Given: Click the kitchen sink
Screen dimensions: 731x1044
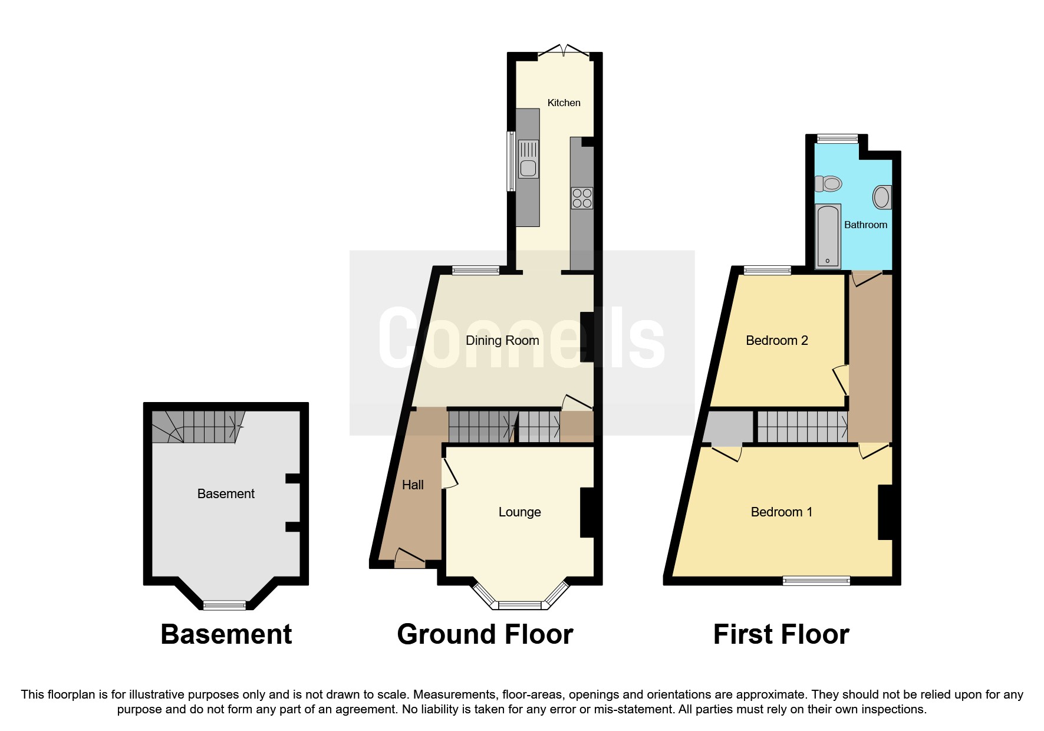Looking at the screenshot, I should (x=528, y=168).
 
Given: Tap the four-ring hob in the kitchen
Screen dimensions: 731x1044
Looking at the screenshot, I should (x=582, y=198).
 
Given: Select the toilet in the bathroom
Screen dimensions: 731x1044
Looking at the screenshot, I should (x=828, y=184).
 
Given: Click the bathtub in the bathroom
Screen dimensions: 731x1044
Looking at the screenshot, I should (x=828, y=236).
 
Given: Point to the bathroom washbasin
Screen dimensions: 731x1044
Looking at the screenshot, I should (x=881, y=197).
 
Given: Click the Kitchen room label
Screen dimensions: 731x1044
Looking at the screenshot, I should (x=564, y=103).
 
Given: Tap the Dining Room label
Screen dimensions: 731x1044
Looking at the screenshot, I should (x=502, y=340).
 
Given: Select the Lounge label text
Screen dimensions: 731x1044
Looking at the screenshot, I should (x=519, y=512).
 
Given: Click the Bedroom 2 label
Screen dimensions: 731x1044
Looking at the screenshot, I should (x=776, y=340).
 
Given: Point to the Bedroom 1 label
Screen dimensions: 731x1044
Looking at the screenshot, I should (x=781, y=512).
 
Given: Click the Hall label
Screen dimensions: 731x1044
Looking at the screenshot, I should (x=413, y=485).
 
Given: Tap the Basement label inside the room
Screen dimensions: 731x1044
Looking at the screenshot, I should (x=226, y=493).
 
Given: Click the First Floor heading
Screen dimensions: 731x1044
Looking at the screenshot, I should (x=780, y=634).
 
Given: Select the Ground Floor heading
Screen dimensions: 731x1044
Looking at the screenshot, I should (x=485, y=634).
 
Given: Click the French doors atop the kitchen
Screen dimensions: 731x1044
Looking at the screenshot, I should (x=563, y=52).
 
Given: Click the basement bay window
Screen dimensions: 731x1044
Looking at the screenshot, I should (x=225, y=605).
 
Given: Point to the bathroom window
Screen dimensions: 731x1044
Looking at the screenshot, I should (x=837, y=139).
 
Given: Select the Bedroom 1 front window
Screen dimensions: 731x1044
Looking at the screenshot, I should (x=816, y=581).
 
